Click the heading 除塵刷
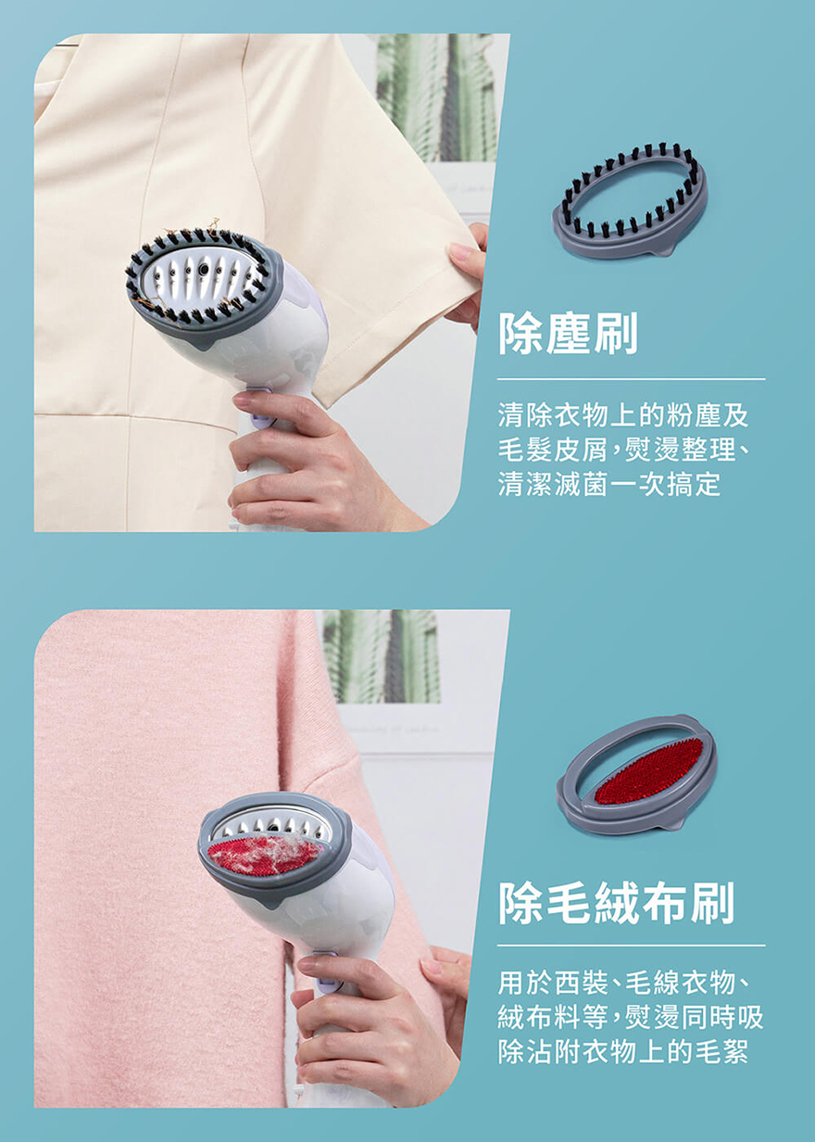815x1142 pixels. pos(568,335)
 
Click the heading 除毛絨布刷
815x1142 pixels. pos(616,904)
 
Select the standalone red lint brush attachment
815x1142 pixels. pos(637,774)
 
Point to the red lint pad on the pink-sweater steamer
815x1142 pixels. pos(264,855)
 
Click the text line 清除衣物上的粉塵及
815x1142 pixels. pos(623,415)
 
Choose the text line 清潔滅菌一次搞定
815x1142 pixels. pos(609,484)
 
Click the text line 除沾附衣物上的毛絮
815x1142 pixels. pos(623,1051)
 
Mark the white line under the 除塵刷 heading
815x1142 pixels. pos(631,379)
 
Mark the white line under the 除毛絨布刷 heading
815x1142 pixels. pos(631,945)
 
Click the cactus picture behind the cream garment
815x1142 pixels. pos(436,98)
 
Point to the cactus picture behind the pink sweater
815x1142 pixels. pos(382,656)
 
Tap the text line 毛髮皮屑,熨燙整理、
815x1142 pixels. pos(623,450)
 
